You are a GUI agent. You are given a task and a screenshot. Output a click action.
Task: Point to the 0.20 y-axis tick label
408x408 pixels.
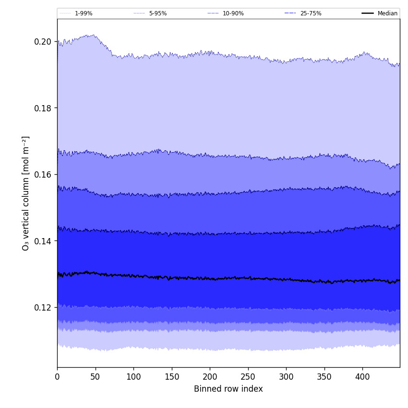click(x=43, y=42)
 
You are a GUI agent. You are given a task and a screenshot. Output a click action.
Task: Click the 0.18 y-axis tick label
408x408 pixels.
click(x=43, y=108)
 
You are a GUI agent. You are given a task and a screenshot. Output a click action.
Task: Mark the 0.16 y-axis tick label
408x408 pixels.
click(x=43, y=174)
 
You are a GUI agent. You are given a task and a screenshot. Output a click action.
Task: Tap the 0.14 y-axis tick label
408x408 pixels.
click(x=43, y=241)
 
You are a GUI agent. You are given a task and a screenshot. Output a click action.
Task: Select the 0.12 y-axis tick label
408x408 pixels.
click(x=43, y=307)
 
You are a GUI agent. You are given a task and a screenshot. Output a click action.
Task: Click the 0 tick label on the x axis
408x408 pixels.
click(x=57, y=377)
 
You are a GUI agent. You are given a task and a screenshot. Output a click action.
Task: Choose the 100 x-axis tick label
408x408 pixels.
click(x=133, y=377)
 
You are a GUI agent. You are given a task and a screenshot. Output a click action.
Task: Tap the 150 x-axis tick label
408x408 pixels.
click(x=172, y=377)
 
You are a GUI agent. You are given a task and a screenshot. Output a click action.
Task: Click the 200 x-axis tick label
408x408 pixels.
click(x=210, y=377)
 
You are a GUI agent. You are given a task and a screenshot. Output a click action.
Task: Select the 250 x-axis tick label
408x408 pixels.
click(x=248, y=377)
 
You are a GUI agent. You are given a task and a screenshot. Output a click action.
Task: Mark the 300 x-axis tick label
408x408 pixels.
click(x=286, y=377)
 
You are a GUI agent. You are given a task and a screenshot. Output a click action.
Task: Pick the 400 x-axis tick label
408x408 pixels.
click(x=362, y=377)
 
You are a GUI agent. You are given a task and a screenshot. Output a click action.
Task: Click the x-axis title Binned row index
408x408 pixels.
click(x=228, y=389)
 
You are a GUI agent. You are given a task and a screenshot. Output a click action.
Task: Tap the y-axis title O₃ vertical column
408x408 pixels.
click(x=26, y=193)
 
